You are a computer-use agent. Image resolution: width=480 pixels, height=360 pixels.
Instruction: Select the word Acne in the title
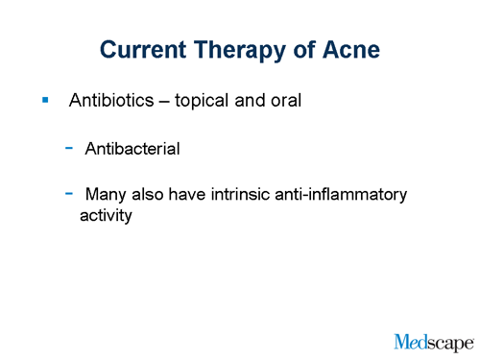tap(351, 49)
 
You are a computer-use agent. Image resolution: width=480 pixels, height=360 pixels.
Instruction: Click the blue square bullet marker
tap(44, 99)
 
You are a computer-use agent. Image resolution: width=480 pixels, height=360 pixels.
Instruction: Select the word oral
tap(285, 100)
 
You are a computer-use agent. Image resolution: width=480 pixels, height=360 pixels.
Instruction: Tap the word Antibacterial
tap(132, 149)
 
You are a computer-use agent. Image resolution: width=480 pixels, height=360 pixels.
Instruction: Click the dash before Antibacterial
tap(70, 148)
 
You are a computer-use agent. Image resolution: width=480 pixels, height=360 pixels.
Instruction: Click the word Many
tap(106, 195)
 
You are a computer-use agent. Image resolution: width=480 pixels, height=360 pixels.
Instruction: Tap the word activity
tap(105, 216)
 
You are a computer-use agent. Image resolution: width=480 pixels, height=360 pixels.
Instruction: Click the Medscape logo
tap(433, 340)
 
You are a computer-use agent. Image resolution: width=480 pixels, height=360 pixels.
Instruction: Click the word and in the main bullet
tap(251, 100)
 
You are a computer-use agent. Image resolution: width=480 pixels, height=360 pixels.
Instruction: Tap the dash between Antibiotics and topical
tap(163, 100)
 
